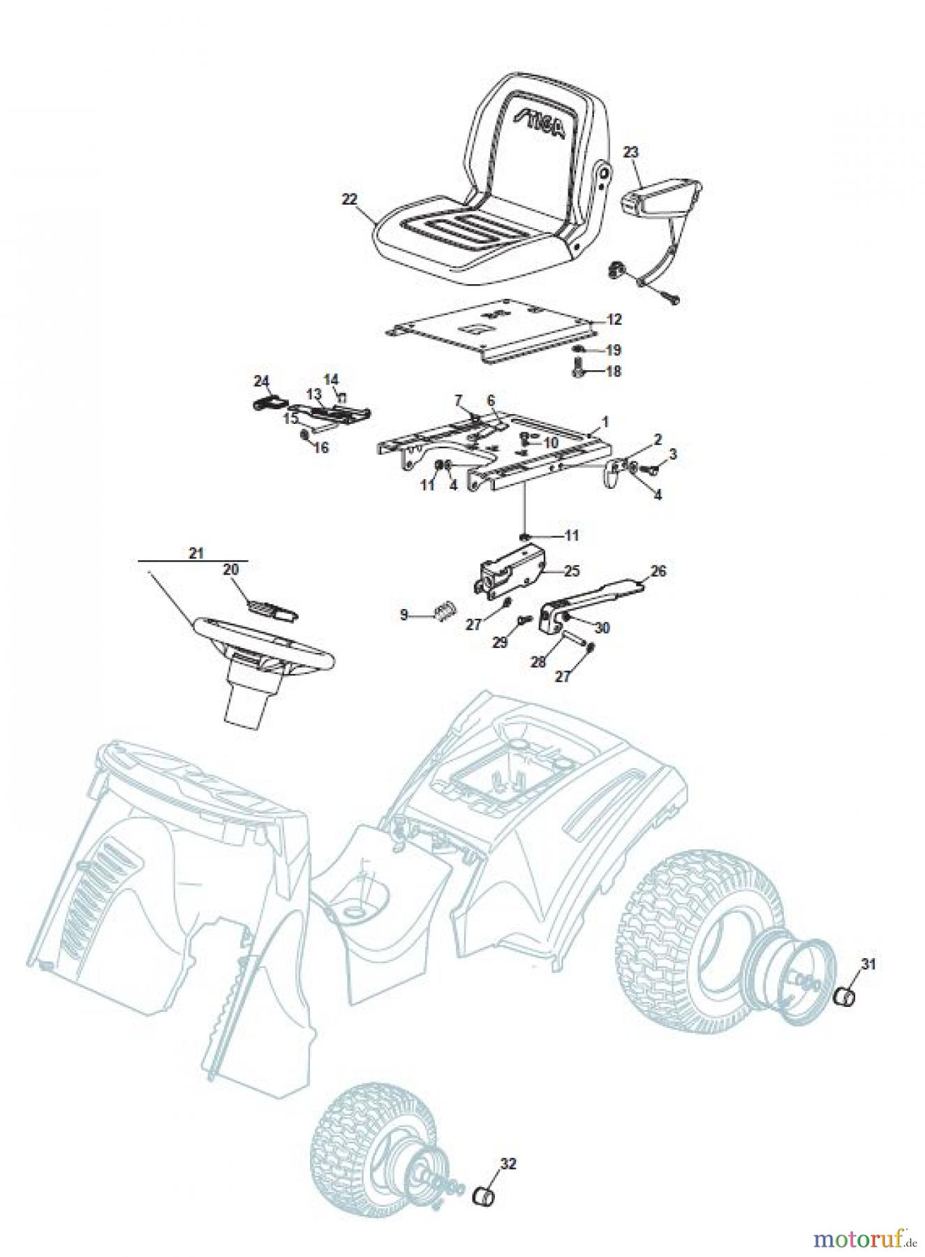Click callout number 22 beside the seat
coord(349,199)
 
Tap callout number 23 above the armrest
coord(630,151)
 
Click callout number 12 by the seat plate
coord(614,320)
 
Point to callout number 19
coord(613,350)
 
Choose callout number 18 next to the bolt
coord(613,372)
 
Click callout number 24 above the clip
coord(261,381)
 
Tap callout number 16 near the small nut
coord(320,448)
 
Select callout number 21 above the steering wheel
coord(195,552)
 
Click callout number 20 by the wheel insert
coord(230,570)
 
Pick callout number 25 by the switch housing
coord(572,571)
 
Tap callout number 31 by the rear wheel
coord(867,964)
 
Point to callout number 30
coord(602,628)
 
